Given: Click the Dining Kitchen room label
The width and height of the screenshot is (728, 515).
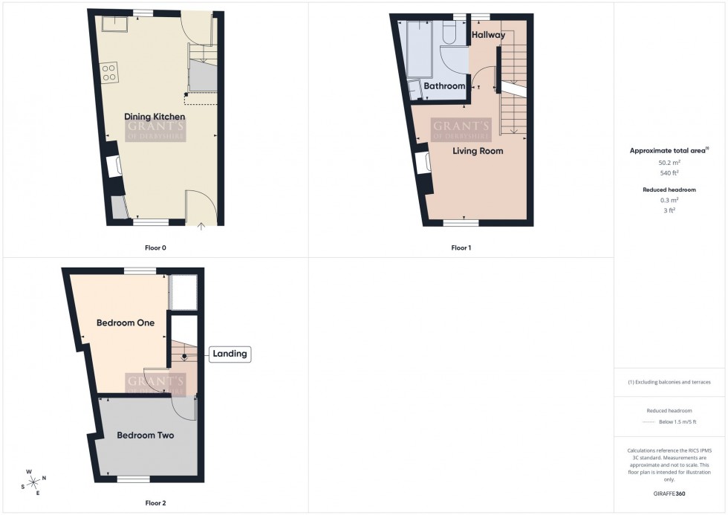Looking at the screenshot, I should pos(155,117).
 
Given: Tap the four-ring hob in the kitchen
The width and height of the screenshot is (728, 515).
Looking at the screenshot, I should pos(109,73).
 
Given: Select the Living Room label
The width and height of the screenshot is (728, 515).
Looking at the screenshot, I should pos(478,151).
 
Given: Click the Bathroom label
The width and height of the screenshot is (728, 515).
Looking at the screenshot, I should pos(444,86).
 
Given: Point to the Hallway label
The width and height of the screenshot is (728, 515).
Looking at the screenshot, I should pos(488,35).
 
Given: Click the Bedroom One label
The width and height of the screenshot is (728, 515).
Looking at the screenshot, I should pos(126,323).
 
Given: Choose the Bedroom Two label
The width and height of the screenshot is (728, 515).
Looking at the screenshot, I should pos(146,435).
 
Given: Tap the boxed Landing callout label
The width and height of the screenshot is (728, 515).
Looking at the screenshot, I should pos(230,354).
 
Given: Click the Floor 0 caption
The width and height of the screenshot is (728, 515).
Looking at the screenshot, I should pos(155,247).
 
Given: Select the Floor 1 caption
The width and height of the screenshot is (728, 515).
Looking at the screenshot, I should pos(461,247).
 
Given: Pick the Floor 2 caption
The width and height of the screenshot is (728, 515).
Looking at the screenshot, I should pos(155,503).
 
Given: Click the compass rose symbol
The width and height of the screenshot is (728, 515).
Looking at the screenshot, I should pos(34,482).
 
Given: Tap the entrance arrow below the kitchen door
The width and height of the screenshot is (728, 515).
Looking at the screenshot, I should pos(201,227).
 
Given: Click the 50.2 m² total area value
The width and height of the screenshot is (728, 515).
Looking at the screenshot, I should pos(670,162).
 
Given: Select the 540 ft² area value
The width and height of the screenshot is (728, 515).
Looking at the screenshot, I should pos(670,173).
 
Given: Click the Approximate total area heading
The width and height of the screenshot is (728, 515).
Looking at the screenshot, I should pos(669,150).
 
